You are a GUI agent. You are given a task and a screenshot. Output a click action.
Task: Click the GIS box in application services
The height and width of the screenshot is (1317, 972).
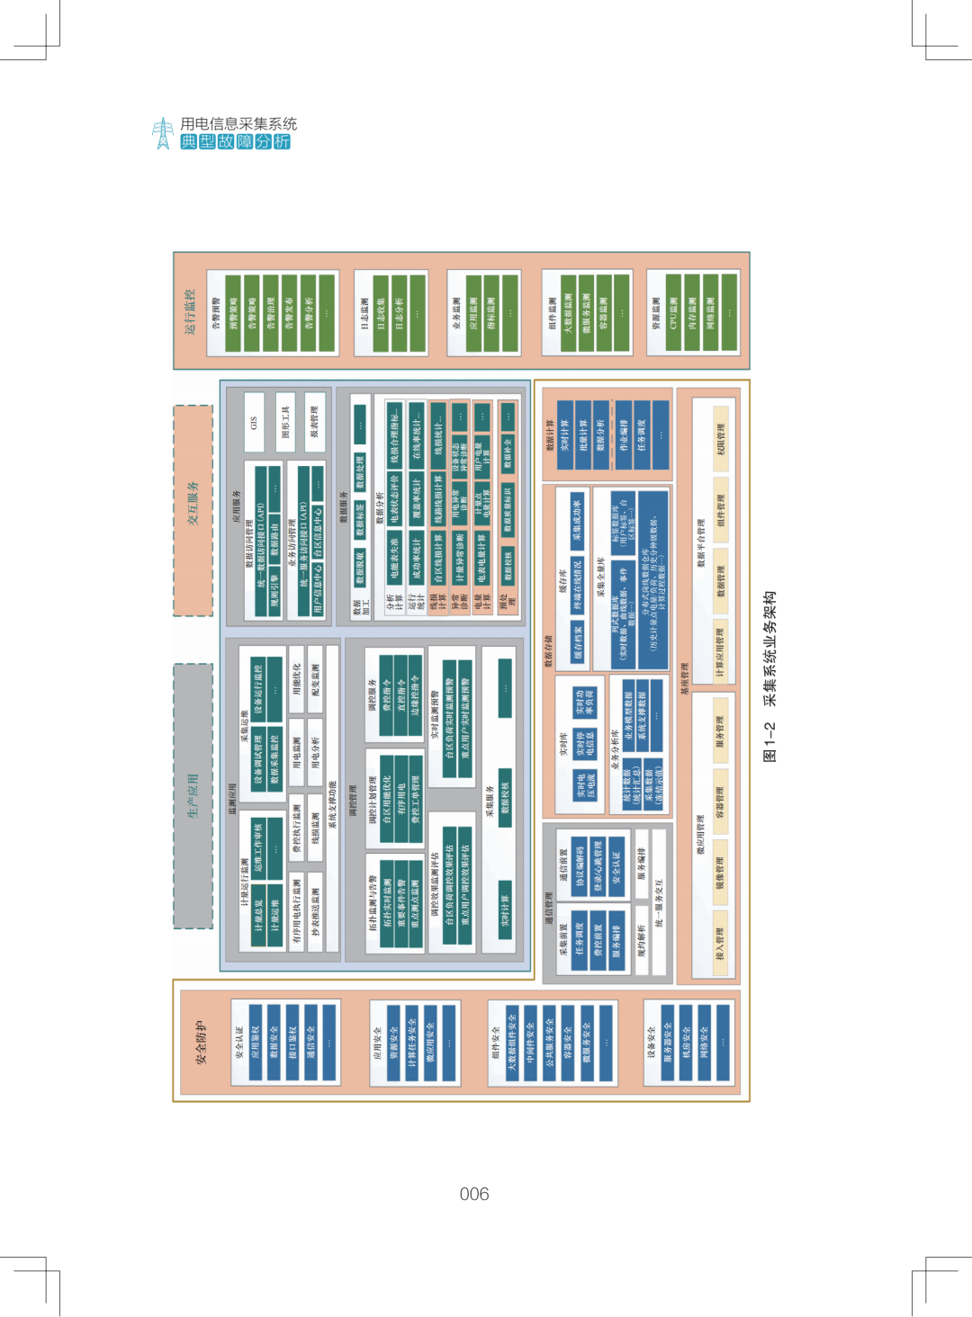[254, 421]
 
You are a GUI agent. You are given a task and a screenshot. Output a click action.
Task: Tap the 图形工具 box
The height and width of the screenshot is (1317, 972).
[285, 421]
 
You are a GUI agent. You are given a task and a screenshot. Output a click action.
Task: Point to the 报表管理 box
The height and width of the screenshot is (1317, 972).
[314, 421]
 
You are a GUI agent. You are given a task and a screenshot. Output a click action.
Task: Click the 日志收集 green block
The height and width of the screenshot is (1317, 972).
[380, 313]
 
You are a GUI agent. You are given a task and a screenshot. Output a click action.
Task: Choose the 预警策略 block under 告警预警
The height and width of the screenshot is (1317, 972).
[234, 313]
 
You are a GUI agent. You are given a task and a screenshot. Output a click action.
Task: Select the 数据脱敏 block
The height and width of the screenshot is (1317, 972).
[360, 568]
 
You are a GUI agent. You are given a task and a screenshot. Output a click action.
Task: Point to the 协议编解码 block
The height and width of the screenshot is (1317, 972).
[580, 865]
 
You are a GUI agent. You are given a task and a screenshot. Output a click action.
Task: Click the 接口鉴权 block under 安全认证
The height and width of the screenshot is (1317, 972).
[292, 1043]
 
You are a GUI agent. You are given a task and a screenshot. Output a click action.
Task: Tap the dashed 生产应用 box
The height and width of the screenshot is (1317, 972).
[193, 795]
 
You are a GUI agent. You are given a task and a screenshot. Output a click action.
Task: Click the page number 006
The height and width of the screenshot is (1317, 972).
[474, 1194]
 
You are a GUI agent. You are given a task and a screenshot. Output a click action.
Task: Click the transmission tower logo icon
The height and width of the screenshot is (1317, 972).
[163, 133]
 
